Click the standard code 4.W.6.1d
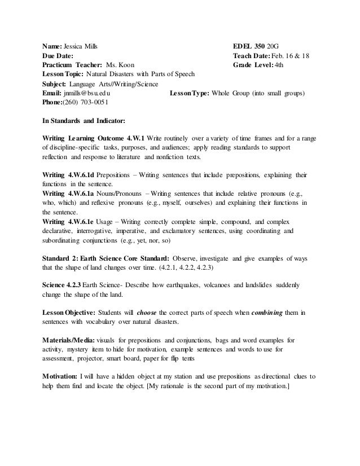pyautogui.click(x=82, y=175)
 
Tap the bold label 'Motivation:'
pyautogui.click(x=63, y=376)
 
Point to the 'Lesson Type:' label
pyautogui.click(x=189, y=93)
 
